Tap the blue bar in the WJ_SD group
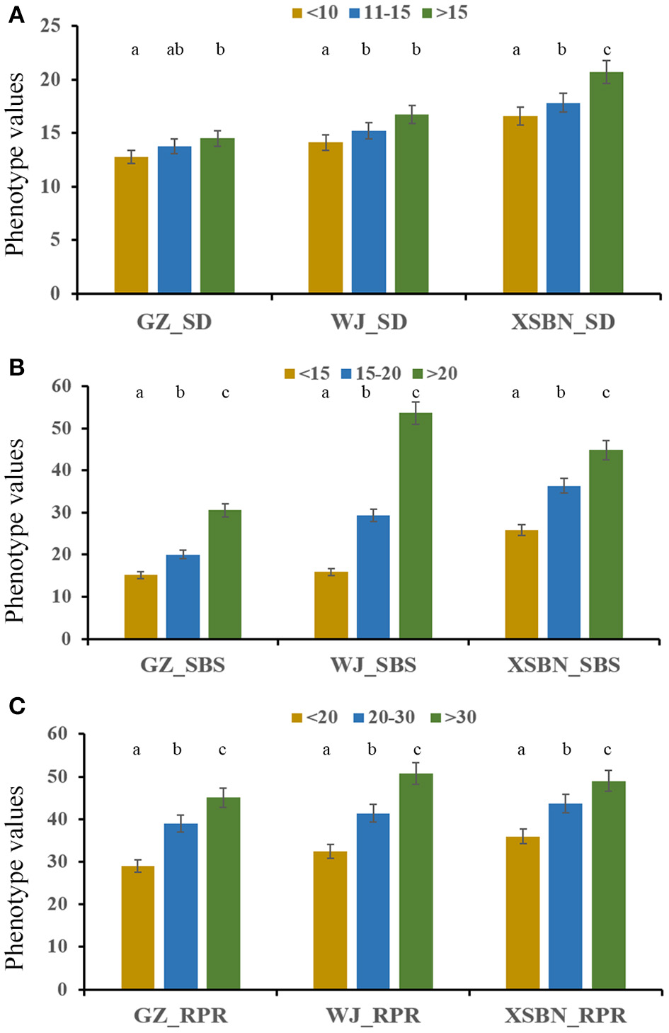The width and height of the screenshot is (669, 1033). pyautogui.click(x=368, y=213)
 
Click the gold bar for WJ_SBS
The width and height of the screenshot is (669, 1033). pyautogui.click(x=331, y=605)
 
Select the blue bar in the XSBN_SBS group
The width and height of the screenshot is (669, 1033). pyautogui.click(x=564, y=563)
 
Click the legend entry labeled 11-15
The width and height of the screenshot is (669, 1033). pyautogui.click(x=379, y=13)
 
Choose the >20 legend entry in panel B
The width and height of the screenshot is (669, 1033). pyautogui.click(x=435, y=373)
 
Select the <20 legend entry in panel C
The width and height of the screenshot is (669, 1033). pyautogui.click(x=315, y=717)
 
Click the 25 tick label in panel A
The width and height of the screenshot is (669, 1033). pyautogui.click(x=51, y=27)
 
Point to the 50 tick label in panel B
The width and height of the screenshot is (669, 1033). pyautogui.click(x=62, y=428)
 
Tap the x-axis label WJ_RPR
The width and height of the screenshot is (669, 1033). pyautogui.click(x=373, y=1015)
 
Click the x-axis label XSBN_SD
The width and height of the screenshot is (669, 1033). pyautogui.click(x=563, y=322)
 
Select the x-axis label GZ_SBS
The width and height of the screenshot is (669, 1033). pyautogui.click(x=183, y=665)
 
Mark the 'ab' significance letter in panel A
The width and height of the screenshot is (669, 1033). pyautogui.click(x=175, y=50)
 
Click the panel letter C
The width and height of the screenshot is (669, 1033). pyautogui.click(x=16, y=706)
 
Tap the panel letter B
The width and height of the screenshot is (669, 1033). pyautogui.click(x=16, y=367)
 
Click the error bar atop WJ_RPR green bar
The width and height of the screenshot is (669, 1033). pyautogui.click(x=416, y=773)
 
